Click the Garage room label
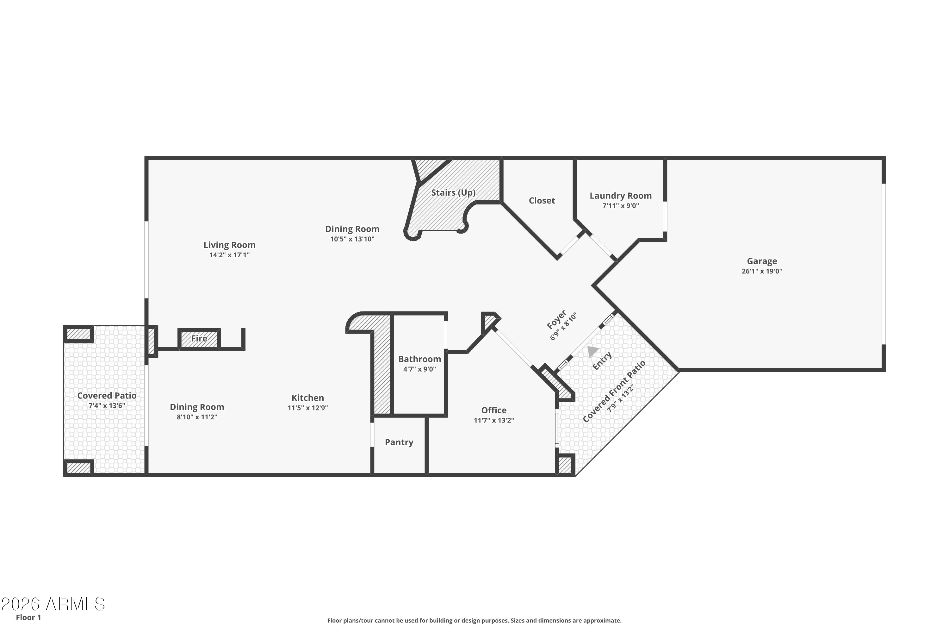761,261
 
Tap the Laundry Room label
620,196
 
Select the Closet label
542,201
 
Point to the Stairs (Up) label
453,192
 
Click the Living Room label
229,245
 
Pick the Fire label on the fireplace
199,338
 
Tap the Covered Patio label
107,396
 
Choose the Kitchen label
307,398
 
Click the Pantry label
399,442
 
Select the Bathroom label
419,359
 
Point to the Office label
493,410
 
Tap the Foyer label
556,319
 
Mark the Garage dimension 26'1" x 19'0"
761,271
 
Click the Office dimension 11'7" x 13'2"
493,420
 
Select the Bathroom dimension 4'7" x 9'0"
419,369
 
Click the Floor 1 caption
28,617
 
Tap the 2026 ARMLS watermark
53,604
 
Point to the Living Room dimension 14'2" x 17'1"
229,255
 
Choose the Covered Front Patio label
614,391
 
